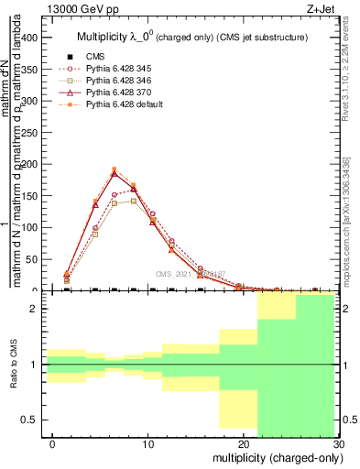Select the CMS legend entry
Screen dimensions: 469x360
tap(94, 54)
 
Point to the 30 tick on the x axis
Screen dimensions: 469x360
tap(338, 443)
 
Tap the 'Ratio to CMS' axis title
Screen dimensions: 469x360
tap(14, 365)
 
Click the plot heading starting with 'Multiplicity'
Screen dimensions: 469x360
tap(191, 36)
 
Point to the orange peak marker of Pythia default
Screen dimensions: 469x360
tap(114, 169)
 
